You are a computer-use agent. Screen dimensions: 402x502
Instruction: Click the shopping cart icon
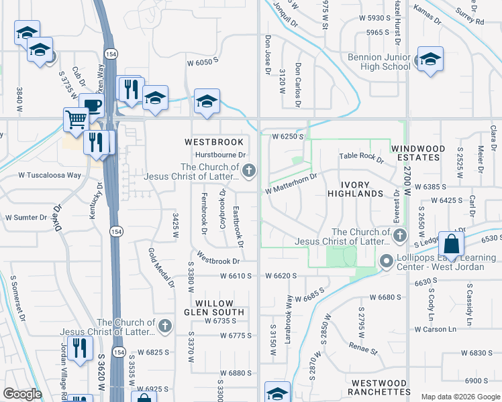[77, 119]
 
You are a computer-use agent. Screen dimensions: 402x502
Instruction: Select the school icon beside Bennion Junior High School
[430, 58]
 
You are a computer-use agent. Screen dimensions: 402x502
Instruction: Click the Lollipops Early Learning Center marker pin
[386, 260]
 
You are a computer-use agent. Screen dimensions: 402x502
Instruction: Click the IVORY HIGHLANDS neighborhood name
[355, 188]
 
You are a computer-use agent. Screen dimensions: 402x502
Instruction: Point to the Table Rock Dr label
[361, 157]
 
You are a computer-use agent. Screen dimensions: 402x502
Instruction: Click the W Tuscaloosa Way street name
[50, 176]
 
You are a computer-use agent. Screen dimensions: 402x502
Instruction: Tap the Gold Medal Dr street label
[162, 267]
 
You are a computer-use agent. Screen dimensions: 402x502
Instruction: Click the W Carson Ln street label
[435, 329]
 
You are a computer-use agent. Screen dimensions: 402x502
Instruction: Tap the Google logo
[22, 394]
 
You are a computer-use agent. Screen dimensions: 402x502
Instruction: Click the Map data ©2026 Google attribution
[460, 397]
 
